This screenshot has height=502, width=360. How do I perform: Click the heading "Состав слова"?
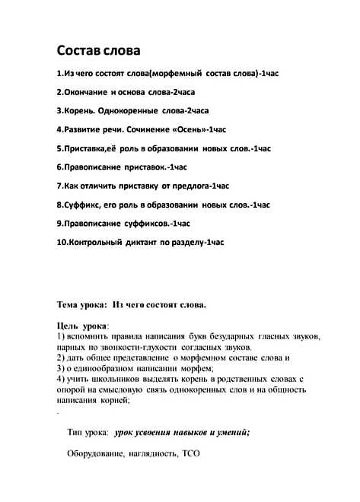99,51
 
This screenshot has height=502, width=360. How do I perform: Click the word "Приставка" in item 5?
82,148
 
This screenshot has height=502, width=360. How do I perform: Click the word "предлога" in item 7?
191,186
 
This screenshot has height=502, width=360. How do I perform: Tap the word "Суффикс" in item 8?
79,205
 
